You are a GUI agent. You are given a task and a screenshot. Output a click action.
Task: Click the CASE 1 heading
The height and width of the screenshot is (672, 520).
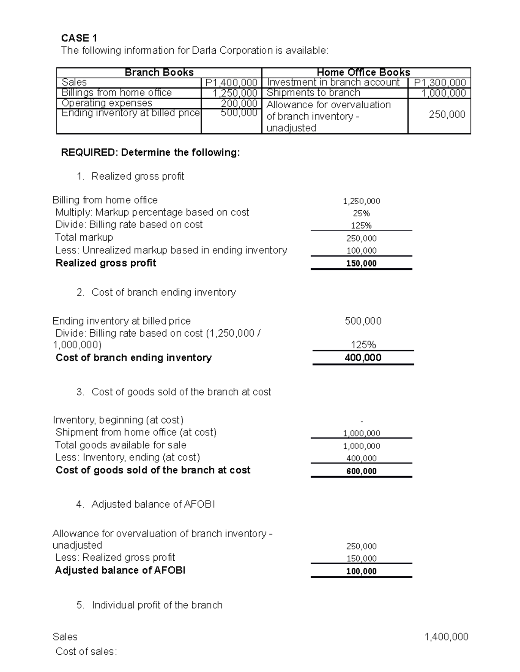[79, 38]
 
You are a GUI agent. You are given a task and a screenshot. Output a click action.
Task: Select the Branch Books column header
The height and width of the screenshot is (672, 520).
[159, 72]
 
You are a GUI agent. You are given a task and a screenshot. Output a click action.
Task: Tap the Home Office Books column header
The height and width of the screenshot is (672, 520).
[364, 72]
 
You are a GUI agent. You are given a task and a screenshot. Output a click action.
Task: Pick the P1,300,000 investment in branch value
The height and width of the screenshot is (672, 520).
[440, 82]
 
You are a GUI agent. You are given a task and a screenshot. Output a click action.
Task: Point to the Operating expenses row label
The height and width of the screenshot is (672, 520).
[107, 103]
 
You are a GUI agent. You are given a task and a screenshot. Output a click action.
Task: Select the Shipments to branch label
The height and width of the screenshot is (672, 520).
[313, 93]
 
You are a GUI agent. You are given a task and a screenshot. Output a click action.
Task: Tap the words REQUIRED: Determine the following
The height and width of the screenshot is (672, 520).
[150, 152]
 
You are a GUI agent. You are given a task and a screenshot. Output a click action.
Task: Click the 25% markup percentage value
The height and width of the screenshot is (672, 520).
[361, 213]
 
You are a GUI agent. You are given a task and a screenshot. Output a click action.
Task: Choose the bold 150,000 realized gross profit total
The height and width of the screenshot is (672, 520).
[361, 264]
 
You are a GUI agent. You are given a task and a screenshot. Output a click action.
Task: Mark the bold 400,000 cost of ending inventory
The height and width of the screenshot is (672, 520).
[363, 357]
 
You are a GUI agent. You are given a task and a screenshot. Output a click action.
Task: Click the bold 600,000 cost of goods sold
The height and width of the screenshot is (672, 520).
[361, 471]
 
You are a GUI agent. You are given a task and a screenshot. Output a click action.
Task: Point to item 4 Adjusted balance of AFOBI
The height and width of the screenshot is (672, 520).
[153, 504]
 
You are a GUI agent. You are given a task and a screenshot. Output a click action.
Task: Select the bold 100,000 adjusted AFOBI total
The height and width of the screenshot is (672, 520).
[361, 571]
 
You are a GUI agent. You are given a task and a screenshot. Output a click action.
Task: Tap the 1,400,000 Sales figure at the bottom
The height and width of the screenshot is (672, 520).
[446, 637]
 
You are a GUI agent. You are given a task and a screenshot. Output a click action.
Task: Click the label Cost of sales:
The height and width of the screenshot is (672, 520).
[86, 652]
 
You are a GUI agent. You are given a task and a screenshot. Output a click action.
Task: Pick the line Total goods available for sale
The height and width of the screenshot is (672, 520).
[120, 445]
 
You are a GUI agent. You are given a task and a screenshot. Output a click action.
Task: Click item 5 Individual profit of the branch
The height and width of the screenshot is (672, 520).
[157, 605]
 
